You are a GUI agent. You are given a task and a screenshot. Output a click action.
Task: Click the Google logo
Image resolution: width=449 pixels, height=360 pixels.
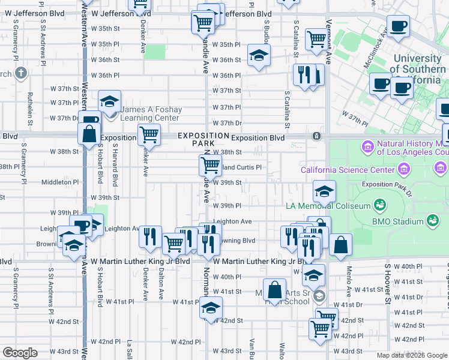click(x=20, y=353)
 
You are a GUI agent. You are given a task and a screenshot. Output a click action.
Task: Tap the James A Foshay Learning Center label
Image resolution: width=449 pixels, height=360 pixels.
click(x=150, y=113)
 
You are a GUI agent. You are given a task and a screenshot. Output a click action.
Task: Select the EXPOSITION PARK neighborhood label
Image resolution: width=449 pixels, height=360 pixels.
click(x=203, y=140)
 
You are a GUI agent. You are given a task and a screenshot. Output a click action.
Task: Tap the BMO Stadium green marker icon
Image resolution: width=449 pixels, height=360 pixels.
click(x=432, y=221)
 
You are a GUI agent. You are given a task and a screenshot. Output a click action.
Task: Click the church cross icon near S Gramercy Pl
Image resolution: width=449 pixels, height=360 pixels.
click(x=21, y=74)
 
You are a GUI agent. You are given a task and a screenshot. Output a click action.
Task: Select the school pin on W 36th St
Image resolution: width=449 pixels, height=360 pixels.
click(x=259, y=56)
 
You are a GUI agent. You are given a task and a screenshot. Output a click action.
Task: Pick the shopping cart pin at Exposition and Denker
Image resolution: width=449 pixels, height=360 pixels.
click(x=148, y=135)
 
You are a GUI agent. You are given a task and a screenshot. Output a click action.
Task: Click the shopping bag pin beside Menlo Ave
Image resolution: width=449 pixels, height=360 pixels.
click(x=340, y=245)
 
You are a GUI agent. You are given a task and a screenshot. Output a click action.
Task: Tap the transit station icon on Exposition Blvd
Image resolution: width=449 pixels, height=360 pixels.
click(x=316, y=136)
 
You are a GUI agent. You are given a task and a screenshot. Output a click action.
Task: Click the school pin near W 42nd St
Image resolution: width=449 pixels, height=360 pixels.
click(x=211, y=308)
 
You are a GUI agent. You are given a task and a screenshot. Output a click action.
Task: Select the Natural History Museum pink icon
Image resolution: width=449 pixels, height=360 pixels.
click(x=366, y=146)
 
